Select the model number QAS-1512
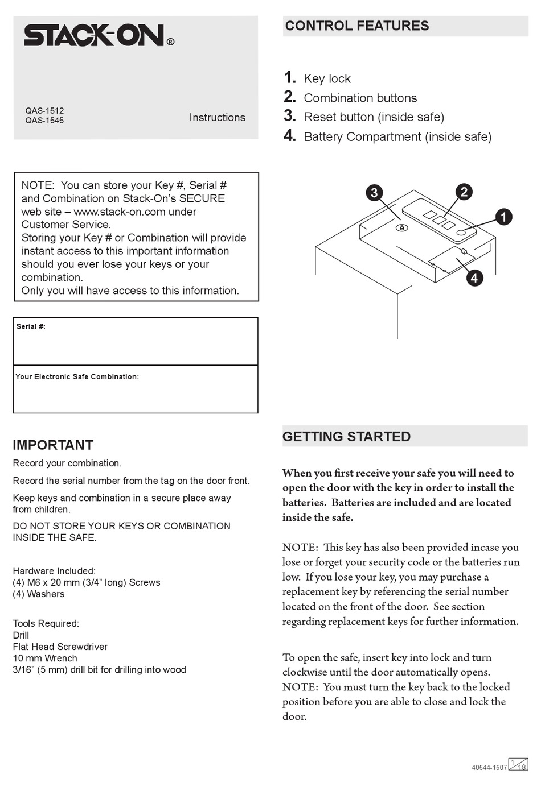[x=44, y=110]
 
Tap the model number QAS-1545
[x=44, y=121]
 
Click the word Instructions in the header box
[x=217, y=118]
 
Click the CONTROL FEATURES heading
[x=357, y=26]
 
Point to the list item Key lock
[x=327, y=79]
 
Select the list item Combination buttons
[x=360, y=98]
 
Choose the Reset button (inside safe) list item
[x=374, y=117]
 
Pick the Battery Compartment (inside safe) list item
[x=397, y=137]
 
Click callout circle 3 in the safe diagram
[x=374, y=193]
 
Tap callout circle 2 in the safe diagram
[x=464, y=192]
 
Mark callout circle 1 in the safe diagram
[x=503, y=217]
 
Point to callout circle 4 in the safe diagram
[x=474, y=278]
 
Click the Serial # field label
[x=31, y=326]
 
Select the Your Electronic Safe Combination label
[x=77, y=376]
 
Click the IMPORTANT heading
[x=53, y=445]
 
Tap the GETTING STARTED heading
[x=346, y=437]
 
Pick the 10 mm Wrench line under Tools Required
[x=45, y=658]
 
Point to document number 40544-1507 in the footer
[x=489, y=767]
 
